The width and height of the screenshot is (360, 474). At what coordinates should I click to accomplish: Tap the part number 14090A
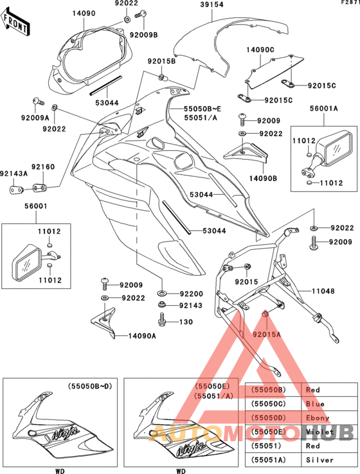[x=143, y=335]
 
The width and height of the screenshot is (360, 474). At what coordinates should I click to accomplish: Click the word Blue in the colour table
[x=316, y=404]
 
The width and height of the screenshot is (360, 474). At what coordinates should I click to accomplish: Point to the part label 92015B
[x=161, y=61]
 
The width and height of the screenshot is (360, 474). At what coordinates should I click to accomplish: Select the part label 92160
[x=45, y=167]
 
